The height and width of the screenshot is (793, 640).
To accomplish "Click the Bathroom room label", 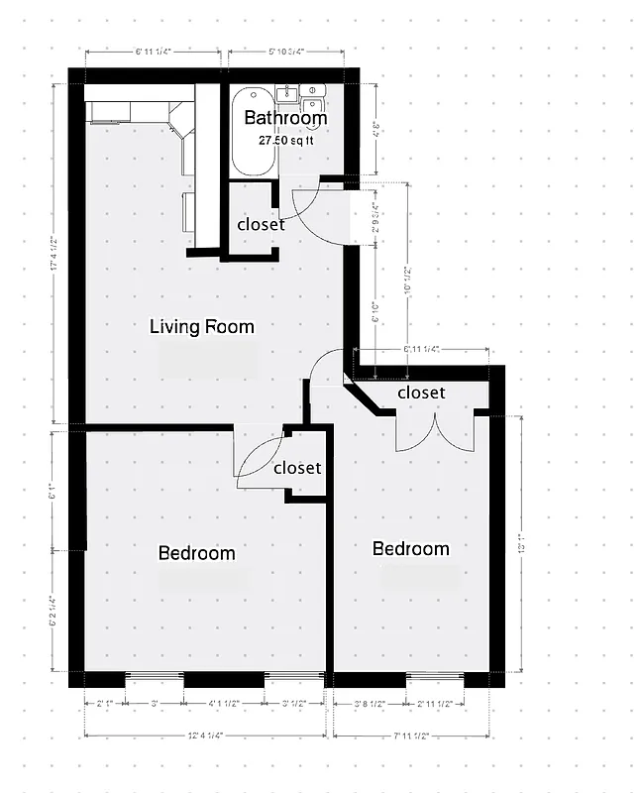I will (x=285, y=119).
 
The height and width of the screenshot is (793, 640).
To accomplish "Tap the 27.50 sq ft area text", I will (x=285, y=141).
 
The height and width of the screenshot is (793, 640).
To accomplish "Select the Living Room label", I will (x=201, y=326).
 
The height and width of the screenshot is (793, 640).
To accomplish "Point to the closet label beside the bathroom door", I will (x=261, y=225).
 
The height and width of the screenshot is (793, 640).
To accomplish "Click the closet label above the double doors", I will (x=421, y=393).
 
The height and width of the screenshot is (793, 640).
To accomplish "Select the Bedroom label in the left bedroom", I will (x=197, y=553).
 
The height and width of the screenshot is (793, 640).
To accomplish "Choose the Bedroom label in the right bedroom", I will (x=410, y=549).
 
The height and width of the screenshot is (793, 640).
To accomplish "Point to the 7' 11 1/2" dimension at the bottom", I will (x=412, y=735).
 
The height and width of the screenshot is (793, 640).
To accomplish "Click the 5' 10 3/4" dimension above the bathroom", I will (x=285, y=52).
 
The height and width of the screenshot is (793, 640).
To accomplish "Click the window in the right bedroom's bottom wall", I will (x=436, y=679).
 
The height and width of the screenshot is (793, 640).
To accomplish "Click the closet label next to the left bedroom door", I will (x=297, y=468).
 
